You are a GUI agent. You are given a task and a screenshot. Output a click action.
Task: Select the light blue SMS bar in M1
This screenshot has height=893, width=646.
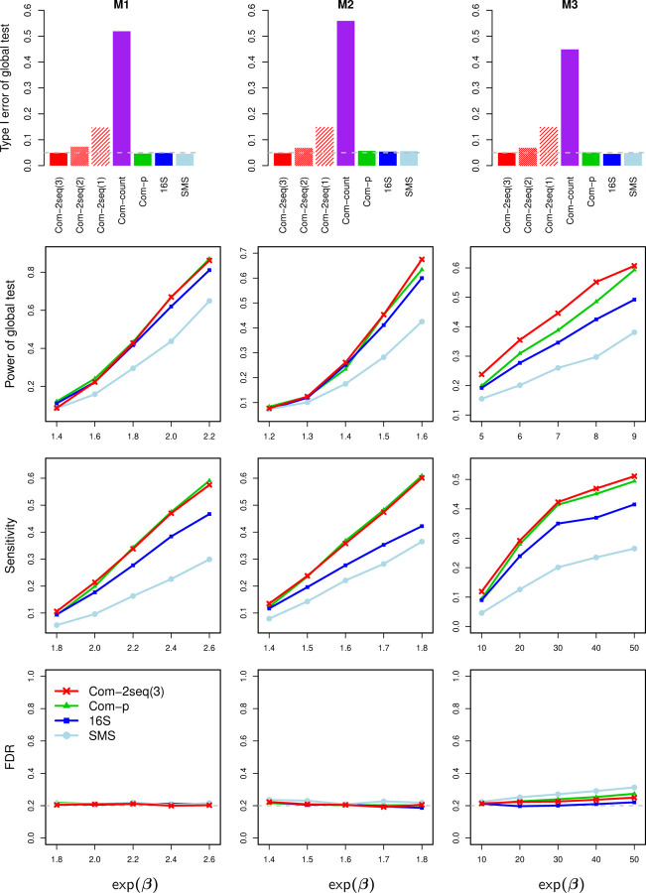click(x=187, y=159)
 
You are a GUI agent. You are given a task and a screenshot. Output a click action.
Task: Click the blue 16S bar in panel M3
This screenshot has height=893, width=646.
click(x=612, y=159)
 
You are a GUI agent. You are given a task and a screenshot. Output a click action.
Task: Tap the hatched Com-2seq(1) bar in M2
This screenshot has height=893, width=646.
click(x=324, y=146)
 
